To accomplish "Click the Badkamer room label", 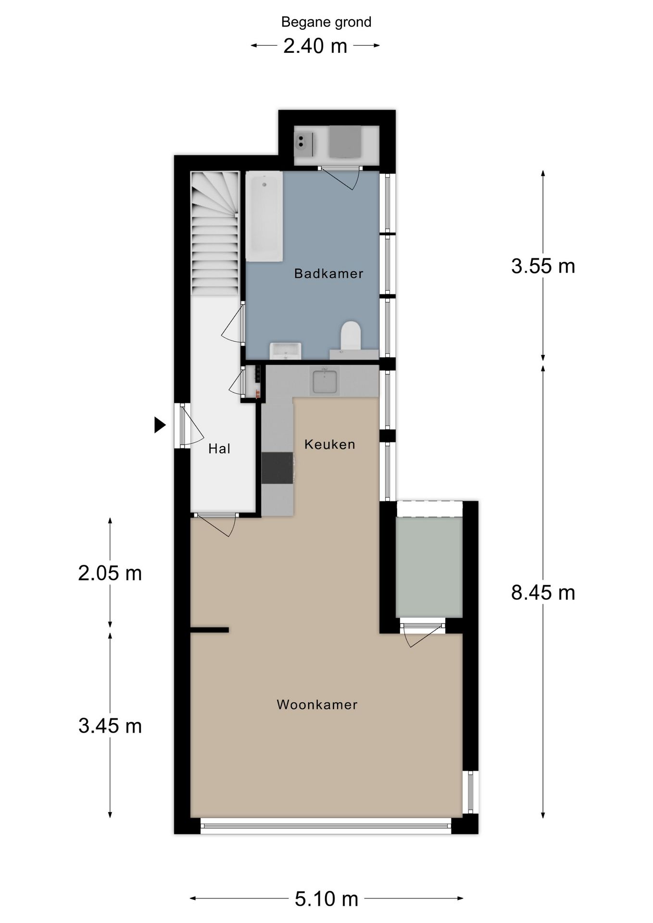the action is point(328,274).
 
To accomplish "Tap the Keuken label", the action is point(330,444).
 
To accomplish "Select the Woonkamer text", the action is point(317,705).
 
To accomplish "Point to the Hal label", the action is point(219,449).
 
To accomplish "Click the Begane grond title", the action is point(326,22).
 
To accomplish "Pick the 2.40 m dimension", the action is point(315,46).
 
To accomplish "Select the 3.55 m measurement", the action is point(543,266).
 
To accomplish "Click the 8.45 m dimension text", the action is point(543,593).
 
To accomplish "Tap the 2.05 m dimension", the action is point(110,573).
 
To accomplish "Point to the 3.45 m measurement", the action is point(110,726).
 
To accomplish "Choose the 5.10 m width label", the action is point(326,898).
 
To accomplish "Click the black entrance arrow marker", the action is point(160,425).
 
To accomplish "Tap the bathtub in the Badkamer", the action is point(264,217).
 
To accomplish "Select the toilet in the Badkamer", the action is point(351,336).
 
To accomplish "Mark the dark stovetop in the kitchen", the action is point(277,468).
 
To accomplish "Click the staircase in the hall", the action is point(215,234).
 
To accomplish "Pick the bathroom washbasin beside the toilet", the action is point(285,351).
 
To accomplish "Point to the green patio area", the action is point(429,567).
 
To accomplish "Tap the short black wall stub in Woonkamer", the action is point(209,630).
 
